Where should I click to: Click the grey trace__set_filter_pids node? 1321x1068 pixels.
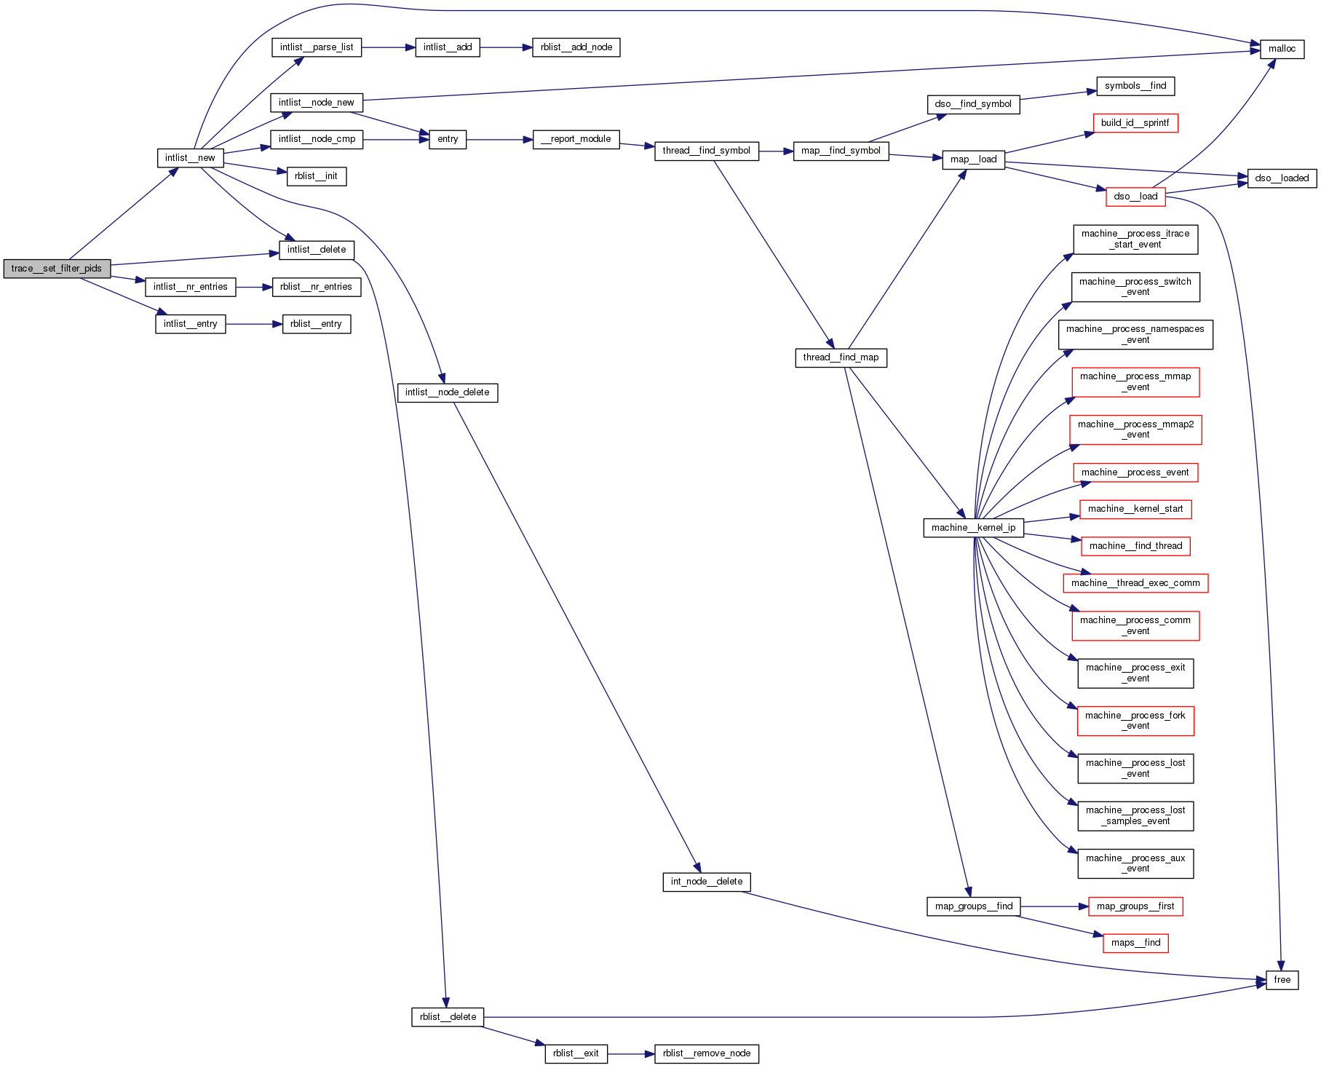click(57, 269)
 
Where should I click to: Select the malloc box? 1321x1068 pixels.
click(1282, 49)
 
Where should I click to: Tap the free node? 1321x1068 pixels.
click(1282, 980)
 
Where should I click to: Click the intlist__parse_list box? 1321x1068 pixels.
click(317, 47)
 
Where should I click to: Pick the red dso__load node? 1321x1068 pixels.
click(1135, 197)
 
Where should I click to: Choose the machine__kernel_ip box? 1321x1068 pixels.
click(973, 528)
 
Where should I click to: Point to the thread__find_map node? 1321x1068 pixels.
click(841, 357)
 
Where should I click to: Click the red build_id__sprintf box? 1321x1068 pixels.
click(1135, 123)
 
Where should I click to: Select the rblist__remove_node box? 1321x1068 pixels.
click(706, 1053)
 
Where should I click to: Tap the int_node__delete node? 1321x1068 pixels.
click(706, 882)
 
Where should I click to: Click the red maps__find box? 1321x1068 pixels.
click(1135, 943)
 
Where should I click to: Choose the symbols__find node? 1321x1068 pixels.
click(1135, 86)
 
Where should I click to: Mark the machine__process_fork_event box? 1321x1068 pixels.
click(1135, 721)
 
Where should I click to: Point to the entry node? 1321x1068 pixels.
click(448, 139)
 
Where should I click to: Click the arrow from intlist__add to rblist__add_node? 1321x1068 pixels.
click(506, 47)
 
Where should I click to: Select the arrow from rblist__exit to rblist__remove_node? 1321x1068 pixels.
click(631, 1053)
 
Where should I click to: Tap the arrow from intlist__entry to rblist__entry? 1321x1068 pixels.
click(254, 324)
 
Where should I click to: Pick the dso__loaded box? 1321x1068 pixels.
click(1282, 178)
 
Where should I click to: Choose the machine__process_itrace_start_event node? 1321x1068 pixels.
click(1135, 239)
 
